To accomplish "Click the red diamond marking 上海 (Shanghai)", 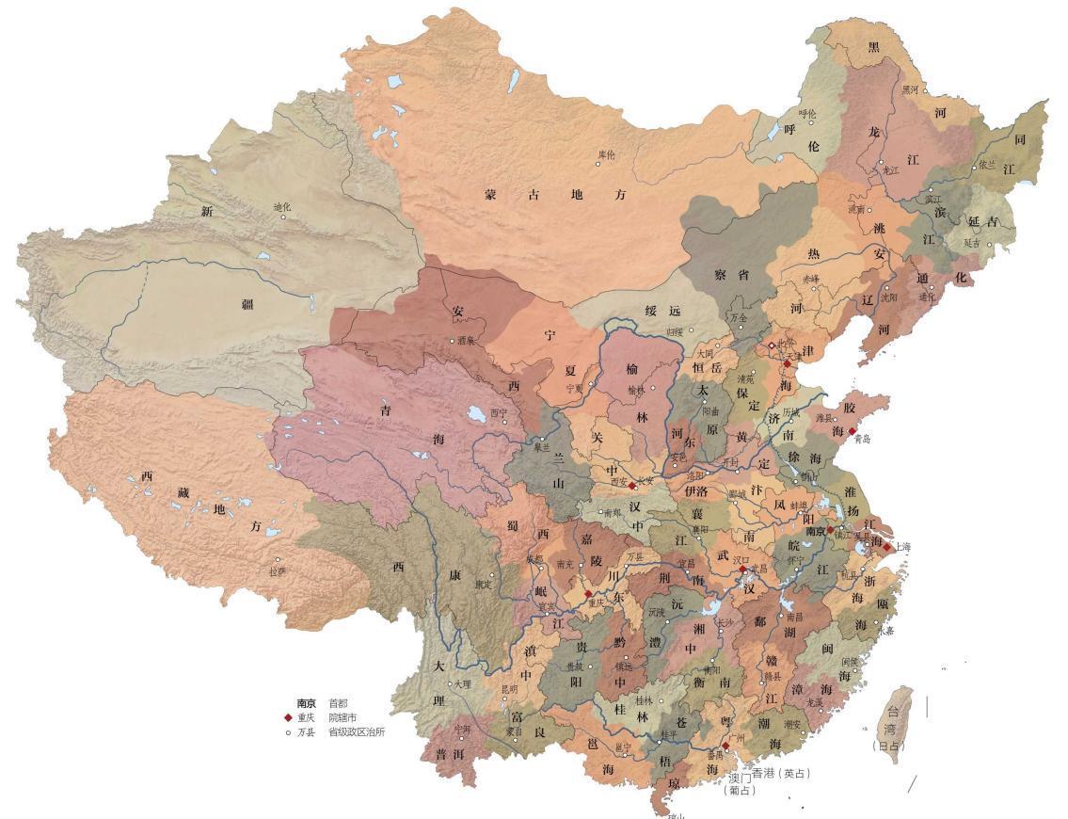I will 885,547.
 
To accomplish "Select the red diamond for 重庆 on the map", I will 588,594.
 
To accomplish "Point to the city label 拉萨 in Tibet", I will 276,571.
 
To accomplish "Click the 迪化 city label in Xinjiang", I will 282,207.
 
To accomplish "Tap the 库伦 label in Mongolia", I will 606,153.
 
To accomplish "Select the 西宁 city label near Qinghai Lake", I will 499,412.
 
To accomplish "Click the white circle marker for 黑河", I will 924,90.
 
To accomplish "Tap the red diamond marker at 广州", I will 725,746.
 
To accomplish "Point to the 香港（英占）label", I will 780,774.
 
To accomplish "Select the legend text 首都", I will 337,703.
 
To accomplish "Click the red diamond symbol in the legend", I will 288,717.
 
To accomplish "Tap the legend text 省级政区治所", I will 356,731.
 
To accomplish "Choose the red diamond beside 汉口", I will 743,570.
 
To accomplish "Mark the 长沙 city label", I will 725,622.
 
